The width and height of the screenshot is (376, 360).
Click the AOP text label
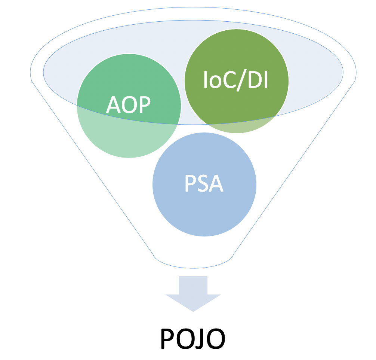pos(128,106)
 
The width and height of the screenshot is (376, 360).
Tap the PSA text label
pos(204,184)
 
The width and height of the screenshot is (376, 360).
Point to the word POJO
pos(192,339)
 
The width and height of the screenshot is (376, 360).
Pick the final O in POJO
pos(216,339)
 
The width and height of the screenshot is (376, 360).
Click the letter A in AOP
pos(113,106)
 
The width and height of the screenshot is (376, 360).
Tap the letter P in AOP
pos(144,106)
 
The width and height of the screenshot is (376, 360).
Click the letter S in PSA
pos(204,184)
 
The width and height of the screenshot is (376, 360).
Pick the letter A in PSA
pos(216,184)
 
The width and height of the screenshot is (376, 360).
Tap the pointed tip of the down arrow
pos(193,310)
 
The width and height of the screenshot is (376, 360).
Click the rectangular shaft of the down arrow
pos(193,285)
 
